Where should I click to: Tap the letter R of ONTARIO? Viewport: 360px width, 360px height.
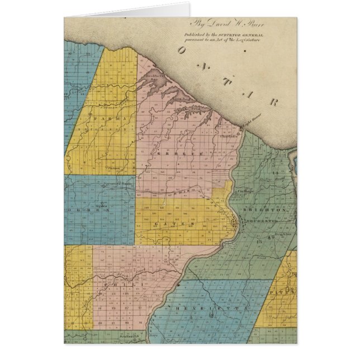[273, 102]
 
